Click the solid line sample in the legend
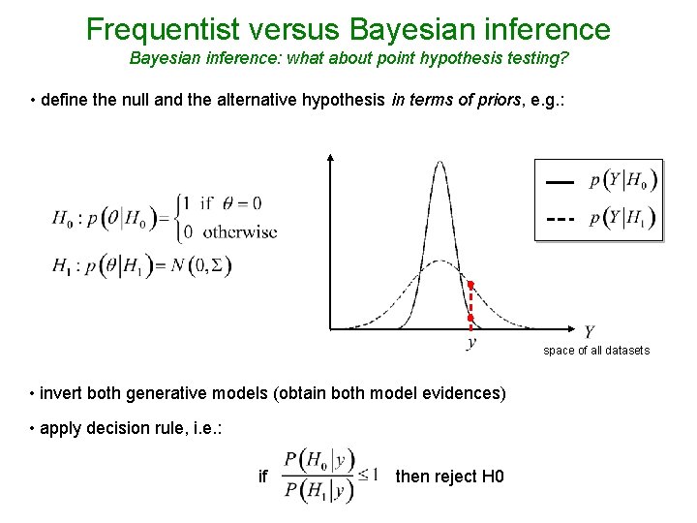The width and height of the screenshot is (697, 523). coord(559,181)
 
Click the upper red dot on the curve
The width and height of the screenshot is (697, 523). coord(470,285)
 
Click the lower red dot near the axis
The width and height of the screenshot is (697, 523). coord(470,318)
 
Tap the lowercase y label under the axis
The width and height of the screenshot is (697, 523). coord(471,342)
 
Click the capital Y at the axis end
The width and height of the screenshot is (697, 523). coord(589,332)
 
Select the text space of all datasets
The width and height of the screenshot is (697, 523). coord(596,350)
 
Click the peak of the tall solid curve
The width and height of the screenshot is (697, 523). coord(440,163)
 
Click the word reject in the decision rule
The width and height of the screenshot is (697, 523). coord(455,477)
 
